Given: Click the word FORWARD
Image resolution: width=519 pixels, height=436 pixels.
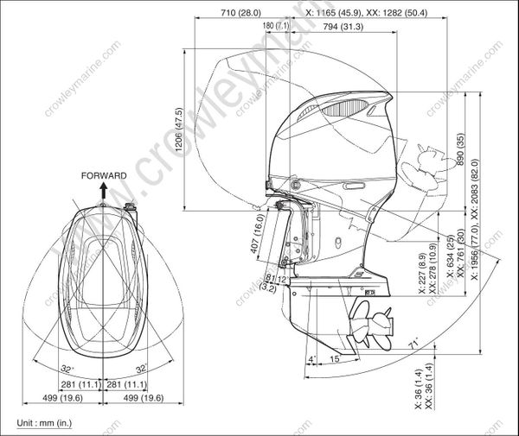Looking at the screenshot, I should pyautogui.click(x=104, y=175).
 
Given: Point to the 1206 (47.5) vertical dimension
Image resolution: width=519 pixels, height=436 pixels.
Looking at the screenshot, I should pyautogui.click(x=178, y=130).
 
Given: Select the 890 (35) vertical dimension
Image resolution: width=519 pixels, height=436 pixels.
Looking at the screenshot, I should pyautogui.click(x=461, y=150).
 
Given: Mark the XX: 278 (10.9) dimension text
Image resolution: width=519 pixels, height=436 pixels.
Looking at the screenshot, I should pyautogui.click(x=432, y=282).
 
